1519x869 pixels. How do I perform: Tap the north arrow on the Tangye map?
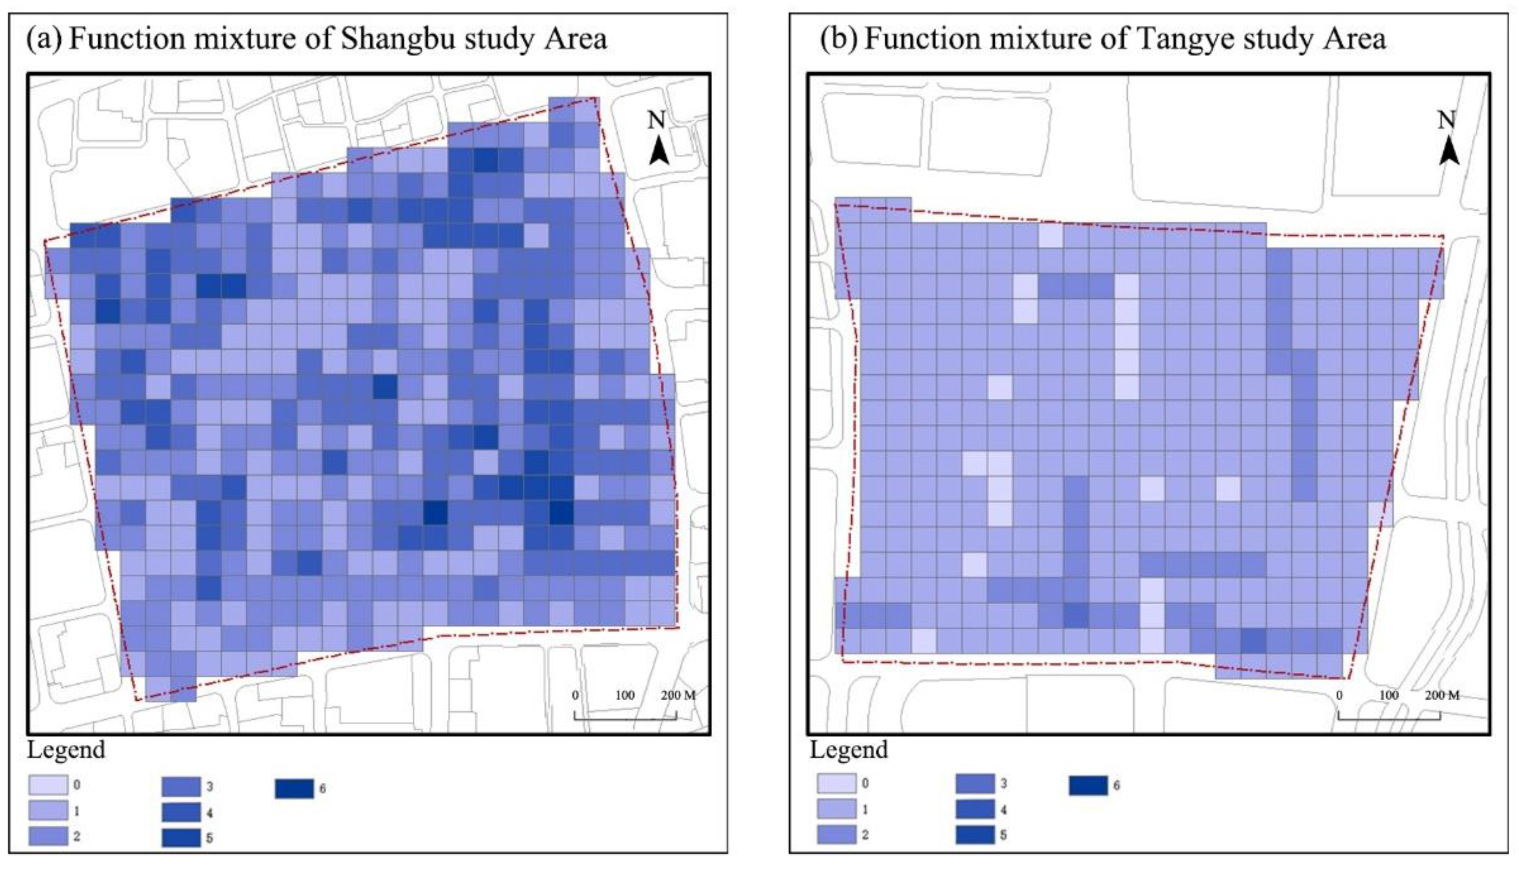tap(1448, 150)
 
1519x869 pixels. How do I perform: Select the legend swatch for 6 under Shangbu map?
tap(294, 788)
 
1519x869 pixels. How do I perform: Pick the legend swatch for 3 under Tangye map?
tap(974, 783)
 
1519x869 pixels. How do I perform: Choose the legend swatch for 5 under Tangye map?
tap(974, 834)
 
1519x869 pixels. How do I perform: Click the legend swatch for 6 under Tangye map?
tap(1088, 785)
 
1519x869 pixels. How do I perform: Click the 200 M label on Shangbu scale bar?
tap(678, 695)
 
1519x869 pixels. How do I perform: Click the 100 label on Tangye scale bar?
tap(1389, 695)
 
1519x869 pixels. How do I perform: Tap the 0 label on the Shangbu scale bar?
tap(575, 695)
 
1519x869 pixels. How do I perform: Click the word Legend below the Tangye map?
tap(849, 750)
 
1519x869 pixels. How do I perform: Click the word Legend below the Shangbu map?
tap(66, 750)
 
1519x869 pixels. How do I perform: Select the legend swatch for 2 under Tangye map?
tap(836, 834)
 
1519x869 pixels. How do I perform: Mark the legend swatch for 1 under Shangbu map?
tap(48, 811)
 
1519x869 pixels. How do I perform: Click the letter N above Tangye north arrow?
tap(1446, 121)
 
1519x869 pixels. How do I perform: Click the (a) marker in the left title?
tap(44, 39)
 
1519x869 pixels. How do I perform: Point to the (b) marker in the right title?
tap(838, 39)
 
